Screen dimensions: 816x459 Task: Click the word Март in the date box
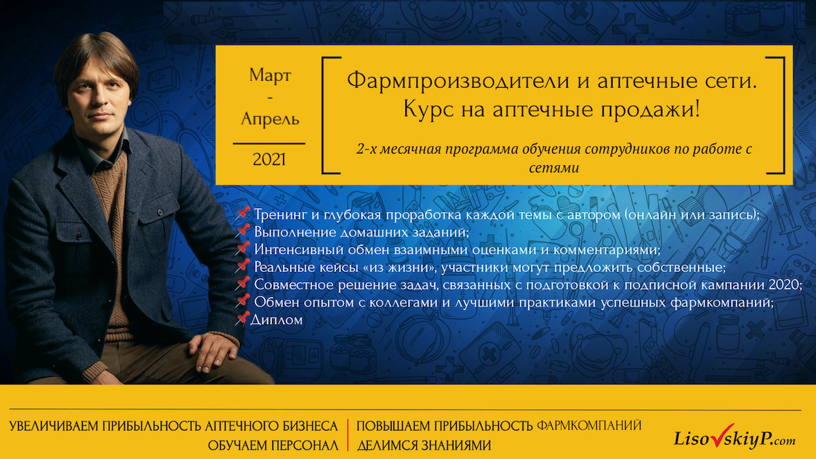click(x=270, y=75)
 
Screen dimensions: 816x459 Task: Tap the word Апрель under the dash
click(x=270, y=119)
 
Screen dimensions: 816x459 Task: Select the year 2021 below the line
click(x=269, y=160)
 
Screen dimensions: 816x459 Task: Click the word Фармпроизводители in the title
click(x=458, y=81)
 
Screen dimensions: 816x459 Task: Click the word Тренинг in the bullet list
click(x=280, y=215)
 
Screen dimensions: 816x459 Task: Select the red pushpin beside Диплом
click(x=242, y=318)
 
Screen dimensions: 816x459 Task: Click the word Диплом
click(x=277, y=320)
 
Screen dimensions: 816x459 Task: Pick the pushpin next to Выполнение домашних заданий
click(x=242, y=231)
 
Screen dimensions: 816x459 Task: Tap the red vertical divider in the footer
click(x=348, y=435)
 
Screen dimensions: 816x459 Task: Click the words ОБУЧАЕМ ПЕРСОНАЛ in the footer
click(x=273, y=445)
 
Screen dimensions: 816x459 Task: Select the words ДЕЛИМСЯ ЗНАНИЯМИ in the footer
click(x=424, y=445)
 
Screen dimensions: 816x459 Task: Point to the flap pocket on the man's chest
click(x=156, y=225)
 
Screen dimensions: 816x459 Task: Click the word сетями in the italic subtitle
click(x=554, y=168)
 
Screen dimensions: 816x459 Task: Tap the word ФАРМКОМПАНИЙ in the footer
click(x=589, y=425)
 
